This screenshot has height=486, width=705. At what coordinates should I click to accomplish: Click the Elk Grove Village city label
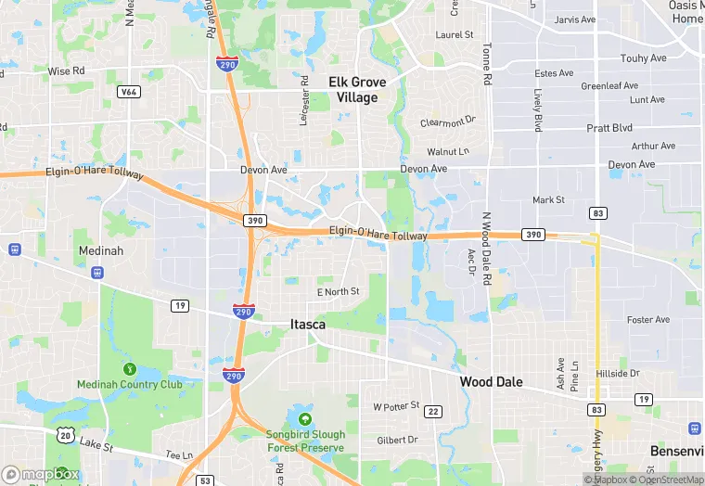tap(357, 90)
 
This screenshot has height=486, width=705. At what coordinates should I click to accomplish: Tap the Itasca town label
tap(307, 324)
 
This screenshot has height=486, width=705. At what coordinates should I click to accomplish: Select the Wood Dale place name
tap(491, 381)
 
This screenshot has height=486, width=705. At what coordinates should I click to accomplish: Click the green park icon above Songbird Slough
tap(305, 419)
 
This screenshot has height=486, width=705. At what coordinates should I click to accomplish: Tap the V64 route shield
tap(128, 92)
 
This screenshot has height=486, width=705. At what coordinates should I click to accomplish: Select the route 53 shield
tap(205, 480)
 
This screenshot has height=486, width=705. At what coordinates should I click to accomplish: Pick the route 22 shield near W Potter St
tap(433, 412)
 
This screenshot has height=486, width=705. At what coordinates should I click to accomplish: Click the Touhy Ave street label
tap(644, 58)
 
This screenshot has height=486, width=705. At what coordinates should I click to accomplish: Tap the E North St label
tap(338, 291)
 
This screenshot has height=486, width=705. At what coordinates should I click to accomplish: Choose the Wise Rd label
tap(66, 70)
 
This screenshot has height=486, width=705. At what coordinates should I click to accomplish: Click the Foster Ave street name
tap(648, 320)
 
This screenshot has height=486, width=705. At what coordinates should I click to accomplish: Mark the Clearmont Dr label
tap(447, 121)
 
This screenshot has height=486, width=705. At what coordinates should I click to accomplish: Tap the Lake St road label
tap(96, 447)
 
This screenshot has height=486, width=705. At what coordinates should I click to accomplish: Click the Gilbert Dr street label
tap(399, 440)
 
